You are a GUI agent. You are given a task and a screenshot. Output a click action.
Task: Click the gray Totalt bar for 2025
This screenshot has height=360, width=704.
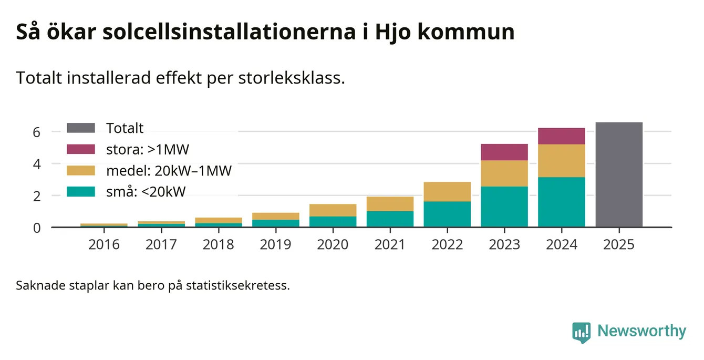pyautogui.click(x=618, y=174)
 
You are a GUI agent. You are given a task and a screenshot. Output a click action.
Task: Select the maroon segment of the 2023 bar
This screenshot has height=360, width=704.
pyautogui.click(x=504, y=152)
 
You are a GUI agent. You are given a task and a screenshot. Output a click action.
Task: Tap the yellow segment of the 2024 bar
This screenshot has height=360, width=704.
pyautogui.click(x=561, y=160)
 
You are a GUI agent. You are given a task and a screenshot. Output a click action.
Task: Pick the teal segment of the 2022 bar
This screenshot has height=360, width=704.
pyautogui.click(x=447, y=214)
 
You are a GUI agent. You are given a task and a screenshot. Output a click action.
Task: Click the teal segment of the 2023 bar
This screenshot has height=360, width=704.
pyautogui.click(x=504, y=207)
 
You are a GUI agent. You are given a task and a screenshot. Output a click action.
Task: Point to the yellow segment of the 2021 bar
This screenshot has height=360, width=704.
pyautogui.click(x=389, y=204)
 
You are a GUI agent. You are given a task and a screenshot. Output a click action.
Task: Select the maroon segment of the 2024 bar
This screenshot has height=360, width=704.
pyautogui.click(x=561, y=136)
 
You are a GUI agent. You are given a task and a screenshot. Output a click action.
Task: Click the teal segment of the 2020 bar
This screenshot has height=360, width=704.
pyautogui.click(x=332, y=221)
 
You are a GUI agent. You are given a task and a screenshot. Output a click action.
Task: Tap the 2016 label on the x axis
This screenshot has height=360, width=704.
pyautogui.click(x=103, y=245)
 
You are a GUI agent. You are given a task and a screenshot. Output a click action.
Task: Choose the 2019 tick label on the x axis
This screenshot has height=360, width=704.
pyautogui.click(x=275, y=245)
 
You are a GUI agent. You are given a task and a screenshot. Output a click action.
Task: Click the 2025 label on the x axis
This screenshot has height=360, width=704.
pyautogui.click(x=618, y=245)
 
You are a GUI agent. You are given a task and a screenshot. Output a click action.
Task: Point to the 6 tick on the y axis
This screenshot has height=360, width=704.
pyautogui.click(x=36, y=132)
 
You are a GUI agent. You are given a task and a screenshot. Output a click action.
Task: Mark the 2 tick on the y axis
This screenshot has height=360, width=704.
pyautogui.click(x=36, y=196)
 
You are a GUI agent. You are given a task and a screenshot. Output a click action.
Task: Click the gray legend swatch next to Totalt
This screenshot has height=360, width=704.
pyautogui.click(x=81, y=128)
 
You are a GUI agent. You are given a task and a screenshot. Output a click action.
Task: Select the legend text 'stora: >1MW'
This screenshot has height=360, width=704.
pyautogui.click(x=147, y=149)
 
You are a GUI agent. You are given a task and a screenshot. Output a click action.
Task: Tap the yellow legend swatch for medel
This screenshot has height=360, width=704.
pyautogui.click(x=81, y=171)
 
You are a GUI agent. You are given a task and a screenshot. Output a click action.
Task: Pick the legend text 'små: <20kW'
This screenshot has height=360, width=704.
pyautogui.click(x=146, y=192)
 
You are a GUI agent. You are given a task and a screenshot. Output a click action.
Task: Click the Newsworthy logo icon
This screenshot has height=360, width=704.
pyautogui.click(x=581, y=332)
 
